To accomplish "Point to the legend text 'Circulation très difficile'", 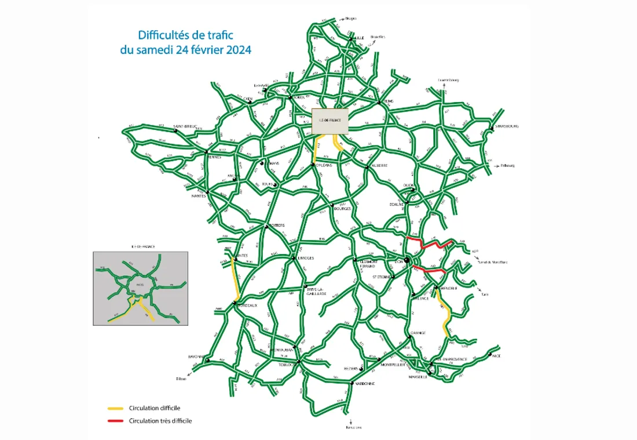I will (x=160, y=421).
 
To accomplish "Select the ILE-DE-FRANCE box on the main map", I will (x=330, y=120).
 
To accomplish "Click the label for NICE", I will (x=496, y=356).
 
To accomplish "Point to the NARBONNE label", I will (x=365, y=383).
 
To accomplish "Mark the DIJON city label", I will (x=409, y=186).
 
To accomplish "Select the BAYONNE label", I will (x=193, y=357).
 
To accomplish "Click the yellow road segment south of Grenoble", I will (x=444, y=313).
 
